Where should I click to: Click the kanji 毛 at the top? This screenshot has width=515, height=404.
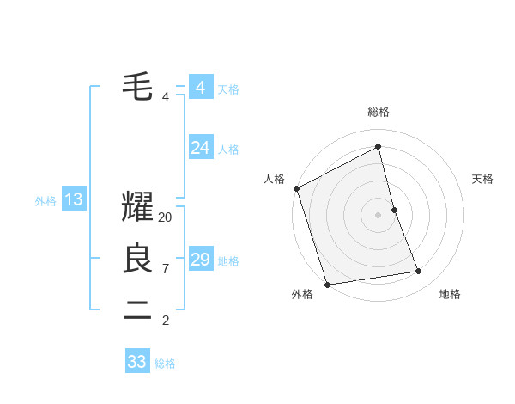coord(137,87)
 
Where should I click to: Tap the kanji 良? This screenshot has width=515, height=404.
coord(137,258)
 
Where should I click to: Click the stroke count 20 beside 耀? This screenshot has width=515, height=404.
coord(166,217)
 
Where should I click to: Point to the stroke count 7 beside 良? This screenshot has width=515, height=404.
coord(165,269)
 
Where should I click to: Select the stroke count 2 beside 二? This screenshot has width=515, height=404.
coord(165,321)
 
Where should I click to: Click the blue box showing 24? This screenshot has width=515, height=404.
coord(201,149)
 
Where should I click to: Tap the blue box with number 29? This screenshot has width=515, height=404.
coord(201,260)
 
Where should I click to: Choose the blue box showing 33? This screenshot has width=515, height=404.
coord(137,362)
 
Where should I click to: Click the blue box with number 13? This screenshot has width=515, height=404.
coord(74,200)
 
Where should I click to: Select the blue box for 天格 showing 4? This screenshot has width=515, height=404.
coord(201,88)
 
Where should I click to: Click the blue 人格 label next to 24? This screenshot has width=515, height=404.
coord(228,150)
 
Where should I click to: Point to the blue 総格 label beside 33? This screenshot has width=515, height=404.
coord(165,364)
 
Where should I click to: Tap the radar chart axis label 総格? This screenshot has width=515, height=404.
coord(379,112)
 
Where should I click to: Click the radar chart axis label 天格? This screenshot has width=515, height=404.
coord(482,179)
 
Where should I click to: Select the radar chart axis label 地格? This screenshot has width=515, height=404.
coord(450,294)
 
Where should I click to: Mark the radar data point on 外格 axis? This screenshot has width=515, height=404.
coord(327,284)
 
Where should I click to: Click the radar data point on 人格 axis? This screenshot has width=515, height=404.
coord(296,188)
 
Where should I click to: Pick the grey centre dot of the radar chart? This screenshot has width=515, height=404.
coord(379,215)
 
